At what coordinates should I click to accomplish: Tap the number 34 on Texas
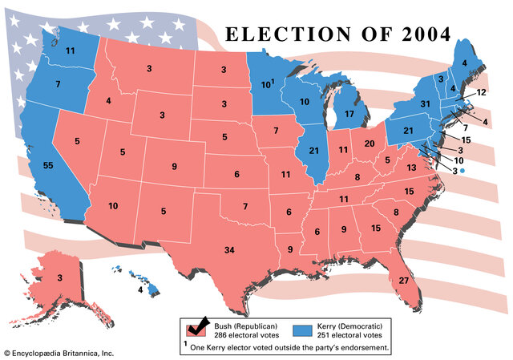click(229, 251)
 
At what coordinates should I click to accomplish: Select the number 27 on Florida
click(403, 281)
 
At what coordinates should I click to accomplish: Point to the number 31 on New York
click(426, 104)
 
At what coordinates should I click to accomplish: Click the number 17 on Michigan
click(349, 115)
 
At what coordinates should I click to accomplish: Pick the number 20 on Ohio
click(370, 143)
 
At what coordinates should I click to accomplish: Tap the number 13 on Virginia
click(411, 168)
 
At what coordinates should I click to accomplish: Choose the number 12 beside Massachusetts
click(481, 93)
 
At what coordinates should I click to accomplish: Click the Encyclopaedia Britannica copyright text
click(60, 353)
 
